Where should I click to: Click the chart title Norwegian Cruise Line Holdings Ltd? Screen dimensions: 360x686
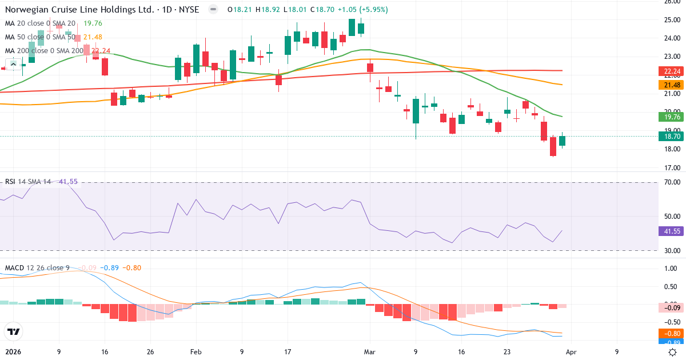[80, 10]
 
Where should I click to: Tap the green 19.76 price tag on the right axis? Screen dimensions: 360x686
[672, 117]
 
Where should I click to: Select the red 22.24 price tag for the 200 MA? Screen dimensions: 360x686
[672, 71]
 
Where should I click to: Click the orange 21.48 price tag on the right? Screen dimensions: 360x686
[672, 85]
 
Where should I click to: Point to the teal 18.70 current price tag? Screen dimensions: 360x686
[672, 136]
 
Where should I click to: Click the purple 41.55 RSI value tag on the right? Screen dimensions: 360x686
[672, 231]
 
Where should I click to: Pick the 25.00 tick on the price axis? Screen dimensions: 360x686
[672, 20]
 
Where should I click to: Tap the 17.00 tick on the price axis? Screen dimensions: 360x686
[672, 168]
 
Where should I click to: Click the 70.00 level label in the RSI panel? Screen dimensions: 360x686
[672, 182]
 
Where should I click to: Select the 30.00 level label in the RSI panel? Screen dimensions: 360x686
[672, 251]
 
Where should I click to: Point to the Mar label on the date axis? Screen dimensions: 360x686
[370, 352]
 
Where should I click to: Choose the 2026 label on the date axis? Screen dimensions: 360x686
[13, 352]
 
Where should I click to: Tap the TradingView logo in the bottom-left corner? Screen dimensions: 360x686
[13, 331]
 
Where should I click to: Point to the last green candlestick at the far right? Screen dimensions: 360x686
[562, 141]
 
